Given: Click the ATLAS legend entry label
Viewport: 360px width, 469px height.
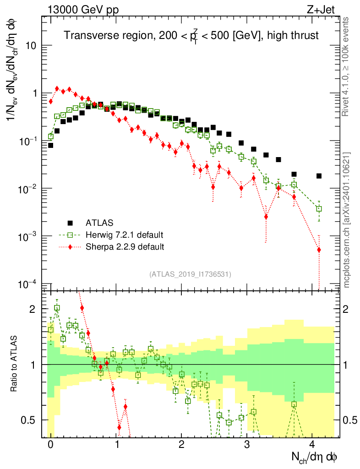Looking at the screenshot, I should [x=97, y=223].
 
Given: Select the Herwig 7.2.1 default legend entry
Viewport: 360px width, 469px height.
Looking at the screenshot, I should [x=124, y=235].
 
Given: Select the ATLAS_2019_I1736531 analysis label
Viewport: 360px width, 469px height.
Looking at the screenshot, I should [x=190, y=274].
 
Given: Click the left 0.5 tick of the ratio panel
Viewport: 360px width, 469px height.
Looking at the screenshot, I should [x=32, y=420].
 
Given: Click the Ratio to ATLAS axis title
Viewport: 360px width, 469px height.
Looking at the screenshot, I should [x=14, y=364].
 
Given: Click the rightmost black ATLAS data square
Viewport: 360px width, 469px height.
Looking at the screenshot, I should [x=319, y=176].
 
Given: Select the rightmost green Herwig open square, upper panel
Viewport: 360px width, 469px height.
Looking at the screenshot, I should [x=319, y=208].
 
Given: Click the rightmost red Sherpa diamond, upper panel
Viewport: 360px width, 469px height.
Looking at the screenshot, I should [x=319, y=250].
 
